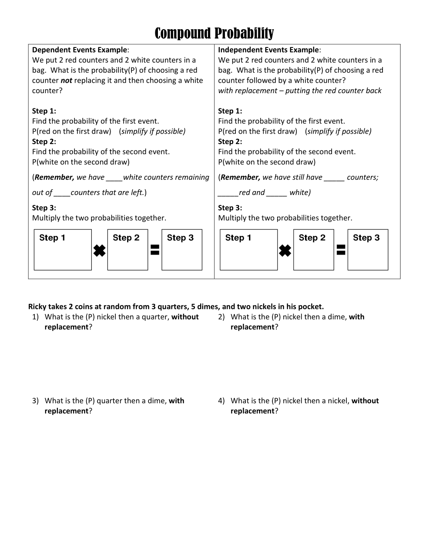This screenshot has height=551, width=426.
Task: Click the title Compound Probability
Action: [x=214, y=33]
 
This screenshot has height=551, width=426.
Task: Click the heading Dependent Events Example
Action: [x=80, y=50]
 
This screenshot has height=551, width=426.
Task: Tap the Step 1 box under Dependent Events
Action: [x=63, y=250]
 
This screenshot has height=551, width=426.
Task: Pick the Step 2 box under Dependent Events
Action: [x=127, y=250]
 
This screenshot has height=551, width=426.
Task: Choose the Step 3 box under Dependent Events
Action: [x=182, y=250]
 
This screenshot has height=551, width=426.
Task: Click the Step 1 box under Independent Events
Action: [x=248, y=250]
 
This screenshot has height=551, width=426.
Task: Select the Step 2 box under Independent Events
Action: [x=313, y=250]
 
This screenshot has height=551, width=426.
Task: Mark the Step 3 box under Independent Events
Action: [x=368, y=250]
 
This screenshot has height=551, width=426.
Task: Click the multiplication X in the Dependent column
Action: [x=99, y=251]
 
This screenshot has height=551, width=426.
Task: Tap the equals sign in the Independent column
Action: [x=341, y=249]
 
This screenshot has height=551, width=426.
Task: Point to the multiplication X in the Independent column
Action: [x=285, y=251]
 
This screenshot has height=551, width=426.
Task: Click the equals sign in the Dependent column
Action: [x=154, y=249]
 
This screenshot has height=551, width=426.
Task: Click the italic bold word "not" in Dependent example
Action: [x=66, y=81]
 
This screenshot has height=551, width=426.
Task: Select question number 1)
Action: [x=35, y=317]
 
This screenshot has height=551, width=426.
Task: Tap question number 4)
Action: [x=221, y=401]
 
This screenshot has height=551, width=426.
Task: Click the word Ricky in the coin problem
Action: [x=37, y=306]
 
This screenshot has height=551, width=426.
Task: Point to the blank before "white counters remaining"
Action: [x=114, y=178]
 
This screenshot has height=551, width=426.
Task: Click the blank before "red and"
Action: [x=228, y=193]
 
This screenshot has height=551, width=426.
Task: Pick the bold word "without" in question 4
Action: [x=365, y=401]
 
